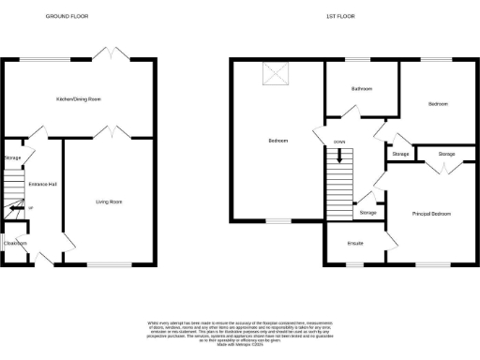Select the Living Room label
[110, 202]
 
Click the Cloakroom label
[15, 243]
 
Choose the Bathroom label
[362, 89]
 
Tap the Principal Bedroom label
[432, 214]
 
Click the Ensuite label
[354, 244]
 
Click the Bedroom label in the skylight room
[277, 141]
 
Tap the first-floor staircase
[337, 172]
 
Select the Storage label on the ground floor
[12, 158]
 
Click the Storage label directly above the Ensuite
[367, 213]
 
